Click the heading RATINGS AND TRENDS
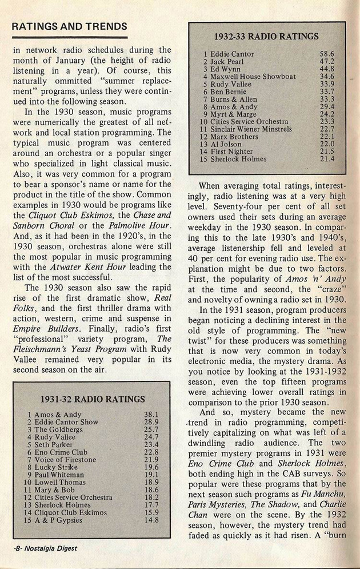[x=70, y=26]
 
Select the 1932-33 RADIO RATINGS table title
[x=267, y=37]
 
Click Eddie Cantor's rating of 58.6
[x=327, y=54]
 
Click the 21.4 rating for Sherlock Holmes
[x=327, y=159]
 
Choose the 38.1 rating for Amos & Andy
[x=151, y=414]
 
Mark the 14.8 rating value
[x=151, y=520]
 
